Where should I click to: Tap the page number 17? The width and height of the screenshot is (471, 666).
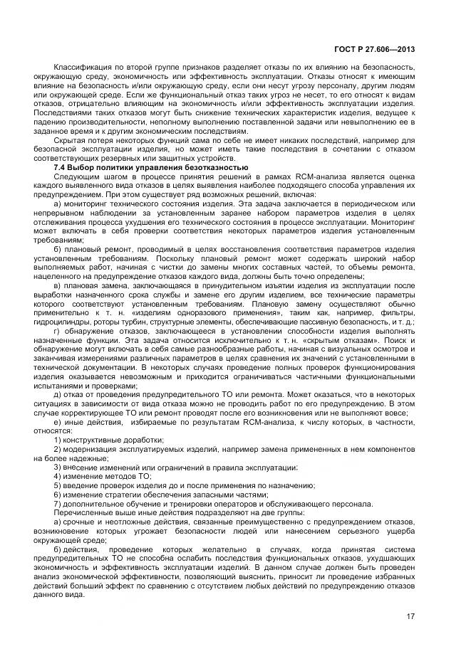pos(410,616)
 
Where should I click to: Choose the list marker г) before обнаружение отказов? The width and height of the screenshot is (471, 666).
pos(58,332)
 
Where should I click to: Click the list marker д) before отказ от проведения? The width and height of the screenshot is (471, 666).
pos(58,393)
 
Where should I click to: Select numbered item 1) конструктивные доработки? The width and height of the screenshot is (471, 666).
pos(103,440)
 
